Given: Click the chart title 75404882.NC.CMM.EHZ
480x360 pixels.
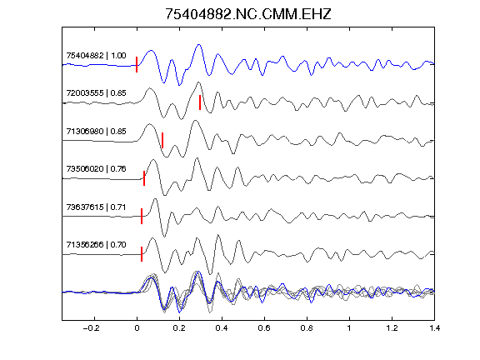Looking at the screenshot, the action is (248, 14).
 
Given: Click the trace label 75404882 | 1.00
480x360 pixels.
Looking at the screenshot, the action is (96, 56).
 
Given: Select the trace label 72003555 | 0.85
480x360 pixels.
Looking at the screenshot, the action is (96, 93).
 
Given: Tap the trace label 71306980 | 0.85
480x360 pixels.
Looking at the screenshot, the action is (96, 132).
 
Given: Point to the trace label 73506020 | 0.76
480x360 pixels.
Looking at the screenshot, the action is (96, 169).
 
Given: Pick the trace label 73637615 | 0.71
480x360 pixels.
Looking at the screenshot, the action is (96, 207).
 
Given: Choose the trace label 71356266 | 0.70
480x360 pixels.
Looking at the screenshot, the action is (96, 245).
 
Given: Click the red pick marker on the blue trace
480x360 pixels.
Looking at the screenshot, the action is (137, 65).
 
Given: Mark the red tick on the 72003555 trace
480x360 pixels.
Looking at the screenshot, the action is (200, 102).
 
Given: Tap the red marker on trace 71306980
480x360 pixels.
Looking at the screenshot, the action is (162, 140).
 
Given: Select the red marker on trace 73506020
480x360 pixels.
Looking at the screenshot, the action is (144, 178).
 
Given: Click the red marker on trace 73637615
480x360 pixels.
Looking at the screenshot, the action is (142, 216).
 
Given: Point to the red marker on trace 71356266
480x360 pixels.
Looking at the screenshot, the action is (142, 254).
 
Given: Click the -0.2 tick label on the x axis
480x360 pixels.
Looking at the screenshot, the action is (92, 328).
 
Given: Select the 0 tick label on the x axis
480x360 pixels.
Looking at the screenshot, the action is (137, 328).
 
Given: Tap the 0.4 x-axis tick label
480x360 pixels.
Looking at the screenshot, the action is (222, 328).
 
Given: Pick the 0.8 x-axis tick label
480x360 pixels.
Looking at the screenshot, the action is (307, 328).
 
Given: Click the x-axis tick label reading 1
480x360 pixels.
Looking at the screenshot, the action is (349, 328).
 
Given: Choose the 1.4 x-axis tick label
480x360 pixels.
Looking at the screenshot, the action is (434, 328).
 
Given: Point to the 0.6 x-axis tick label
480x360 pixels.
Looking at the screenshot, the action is (264, 328).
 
